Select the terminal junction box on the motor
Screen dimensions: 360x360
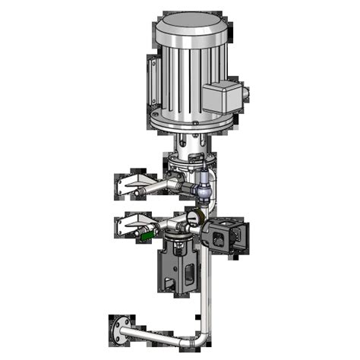tap(220, 97)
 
